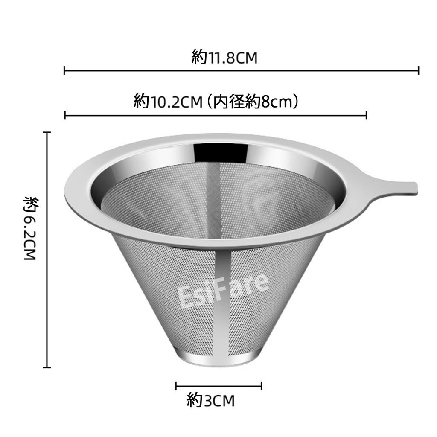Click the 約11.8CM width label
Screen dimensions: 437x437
point(225,57)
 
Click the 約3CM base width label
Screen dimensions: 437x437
point(211,401)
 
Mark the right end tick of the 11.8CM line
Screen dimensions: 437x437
point(418,70)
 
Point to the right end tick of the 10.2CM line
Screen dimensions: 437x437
point(367,115)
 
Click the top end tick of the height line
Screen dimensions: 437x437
point(47,133)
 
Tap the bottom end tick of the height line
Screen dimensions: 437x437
point(47,367)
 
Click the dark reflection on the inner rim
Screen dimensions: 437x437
point(220,152)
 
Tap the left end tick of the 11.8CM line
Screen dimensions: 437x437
point(64,70)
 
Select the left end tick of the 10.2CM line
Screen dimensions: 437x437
point(65,115)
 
